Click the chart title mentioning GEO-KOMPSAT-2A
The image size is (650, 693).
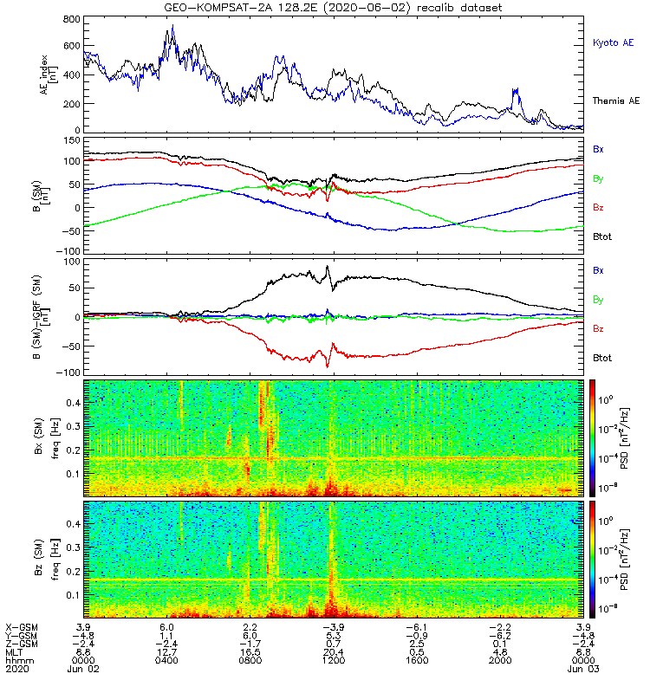[333, 8]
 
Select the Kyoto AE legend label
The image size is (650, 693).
[613, 42]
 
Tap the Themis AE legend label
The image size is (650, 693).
[616, 100]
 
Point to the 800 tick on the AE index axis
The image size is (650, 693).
[72, 19]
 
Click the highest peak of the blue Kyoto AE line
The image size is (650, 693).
[172, 25]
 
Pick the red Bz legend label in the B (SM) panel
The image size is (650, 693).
[598, 207]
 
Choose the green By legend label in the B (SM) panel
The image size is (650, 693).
[598, 179]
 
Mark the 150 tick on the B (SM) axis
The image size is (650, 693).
[72, 140]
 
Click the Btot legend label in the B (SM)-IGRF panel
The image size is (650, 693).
[602, 358]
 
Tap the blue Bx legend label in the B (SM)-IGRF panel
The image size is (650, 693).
[598, 270]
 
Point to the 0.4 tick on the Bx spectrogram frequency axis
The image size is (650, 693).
[73, 403]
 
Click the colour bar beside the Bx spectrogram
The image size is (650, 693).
[592, 437]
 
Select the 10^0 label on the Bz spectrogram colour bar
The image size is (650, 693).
[605, 521]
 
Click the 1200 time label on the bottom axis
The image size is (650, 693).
[334, 660]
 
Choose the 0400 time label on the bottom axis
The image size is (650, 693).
[166, 660]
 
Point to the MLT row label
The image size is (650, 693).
[14, 652]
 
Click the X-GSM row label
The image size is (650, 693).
[22, 627]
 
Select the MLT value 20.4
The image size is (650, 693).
[334, 652]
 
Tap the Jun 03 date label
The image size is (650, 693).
[583, 669]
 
